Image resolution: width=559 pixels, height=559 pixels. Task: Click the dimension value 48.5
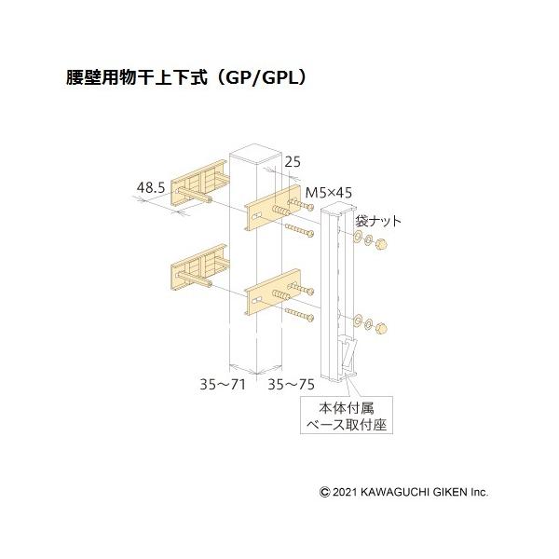coord(151,188)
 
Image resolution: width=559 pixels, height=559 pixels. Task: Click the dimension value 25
coord(293,162)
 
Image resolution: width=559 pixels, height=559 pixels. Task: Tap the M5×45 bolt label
coord(330,193)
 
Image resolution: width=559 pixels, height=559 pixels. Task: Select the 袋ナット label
coord(377,222)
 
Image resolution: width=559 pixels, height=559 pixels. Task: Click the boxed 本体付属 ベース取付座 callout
coord(345,416)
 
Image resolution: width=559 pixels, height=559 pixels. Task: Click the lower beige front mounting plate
coord(270,293)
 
